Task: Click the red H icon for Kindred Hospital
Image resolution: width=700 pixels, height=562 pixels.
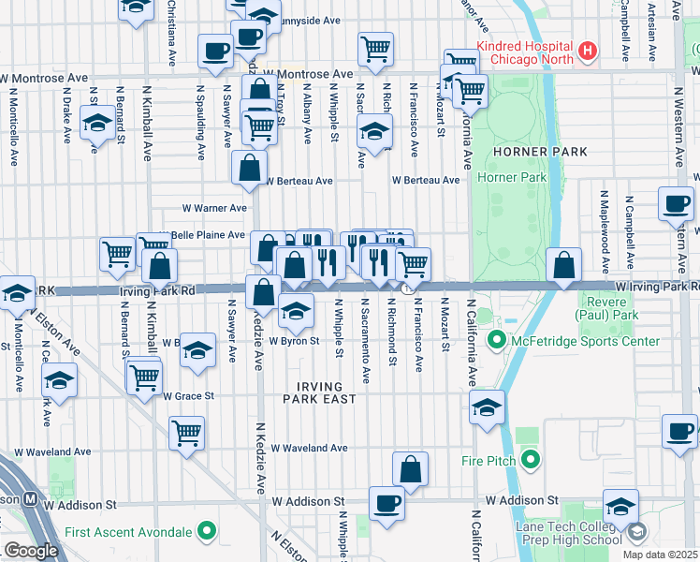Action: (x=587, y=51)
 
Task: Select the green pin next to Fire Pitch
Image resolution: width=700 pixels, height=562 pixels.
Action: (x=531, y=460)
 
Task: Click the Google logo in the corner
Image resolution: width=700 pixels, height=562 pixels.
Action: (x=31, y=550)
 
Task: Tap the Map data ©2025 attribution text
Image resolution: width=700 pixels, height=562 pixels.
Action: (x=660, y=555)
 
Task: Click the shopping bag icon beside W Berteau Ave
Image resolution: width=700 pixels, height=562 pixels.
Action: (x=250, y=169)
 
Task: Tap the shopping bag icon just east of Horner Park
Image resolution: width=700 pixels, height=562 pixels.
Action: (x=564, y=265)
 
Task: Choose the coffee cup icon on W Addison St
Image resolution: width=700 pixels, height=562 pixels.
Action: (x=386, y=503)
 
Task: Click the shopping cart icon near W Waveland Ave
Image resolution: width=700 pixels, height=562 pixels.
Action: (x=187, y=433)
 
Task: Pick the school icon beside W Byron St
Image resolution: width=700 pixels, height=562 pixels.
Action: (x=296, y=312)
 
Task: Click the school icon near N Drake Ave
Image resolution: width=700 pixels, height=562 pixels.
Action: (x=95, y=124)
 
